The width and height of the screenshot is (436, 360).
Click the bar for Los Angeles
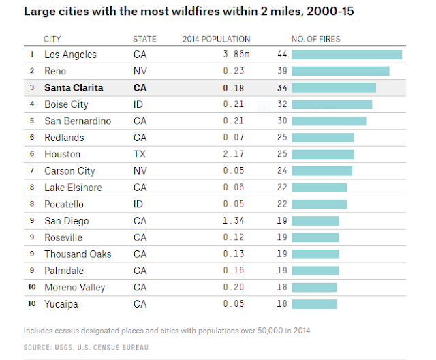pyautogui.click(x=346, y=55)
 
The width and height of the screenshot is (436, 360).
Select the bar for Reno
pyautogui.click(x=340, y=71)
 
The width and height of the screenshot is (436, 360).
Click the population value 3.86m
pyautogui.click(x=234, y=55)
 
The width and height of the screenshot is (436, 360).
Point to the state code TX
pyautogui.click(x=139, y=154)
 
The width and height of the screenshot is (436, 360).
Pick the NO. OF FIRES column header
pyautogui.click(x=315, y=39)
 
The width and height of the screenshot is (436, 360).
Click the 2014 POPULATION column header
pyautogui.click(x=216, y=39)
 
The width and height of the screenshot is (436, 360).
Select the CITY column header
pyautogui.click(x=52, y=39)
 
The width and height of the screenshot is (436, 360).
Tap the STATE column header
pyautogui.click(x=144, y=39)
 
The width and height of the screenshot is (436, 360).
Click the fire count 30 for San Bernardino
pyautogui.click(x=282, y=121)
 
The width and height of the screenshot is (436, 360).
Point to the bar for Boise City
pyautogui.click(x=331, y=104)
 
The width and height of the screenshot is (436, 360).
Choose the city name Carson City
pyautogui.click(x=69, y=171)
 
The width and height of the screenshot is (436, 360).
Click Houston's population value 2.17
pyautogui.click(x=234, y=154)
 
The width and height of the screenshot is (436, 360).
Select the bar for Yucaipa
pyautogui.click(x=314, y=304)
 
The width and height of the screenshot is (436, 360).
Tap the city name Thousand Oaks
pyautogui.click(x=78, y=254)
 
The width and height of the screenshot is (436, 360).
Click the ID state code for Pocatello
pyautogui.click(x=138, y=205)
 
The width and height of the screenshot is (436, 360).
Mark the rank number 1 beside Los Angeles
pyautogui.click(x=31, y=55)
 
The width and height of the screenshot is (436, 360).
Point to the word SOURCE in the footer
pyautogui.click(x=37, y=348)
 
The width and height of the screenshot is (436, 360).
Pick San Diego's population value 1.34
pyautogui.click(x=234, y=221)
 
